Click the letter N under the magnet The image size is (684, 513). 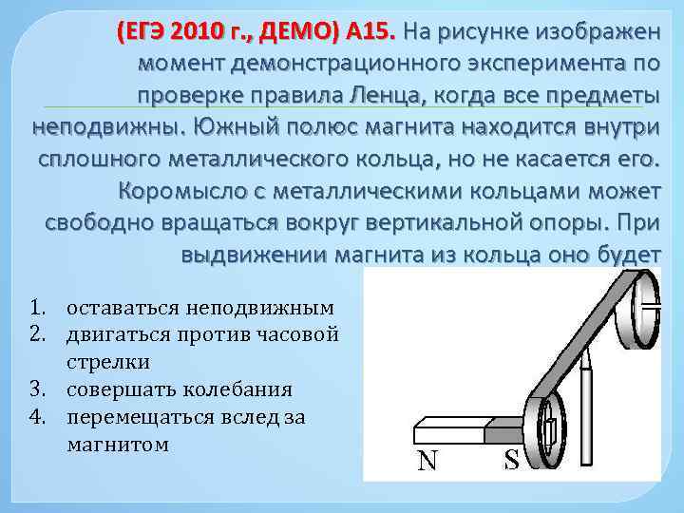(427, 461)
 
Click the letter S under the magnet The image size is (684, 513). (511, 461)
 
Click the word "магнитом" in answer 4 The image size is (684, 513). (118, 444)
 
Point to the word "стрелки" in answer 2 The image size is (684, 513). (108, 362)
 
